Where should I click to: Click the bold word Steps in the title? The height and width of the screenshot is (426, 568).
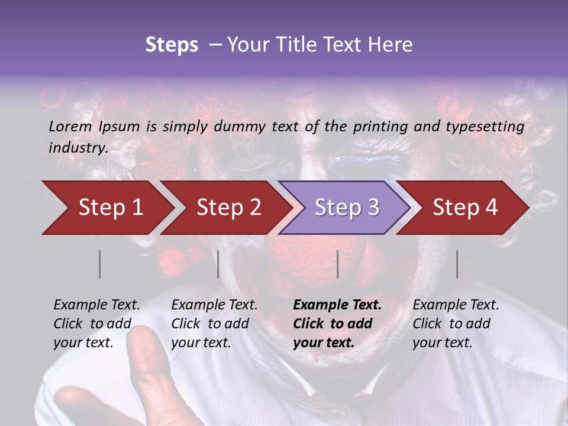tap(172, 45)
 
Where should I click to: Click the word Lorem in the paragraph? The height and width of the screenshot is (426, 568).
tap(70, 126)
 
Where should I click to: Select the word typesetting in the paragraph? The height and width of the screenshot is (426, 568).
tap(489, 127)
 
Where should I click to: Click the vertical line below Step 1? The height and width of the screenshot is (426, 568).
tap(100, 264)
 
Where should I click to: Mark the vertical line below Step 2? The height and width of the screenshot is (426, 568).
tap(218, 264)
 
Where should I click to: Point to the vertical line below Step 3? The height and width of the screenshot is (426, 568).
tap(337, 264)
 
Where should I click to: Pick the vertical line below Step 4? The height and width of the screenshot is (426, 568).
tap(457, 264)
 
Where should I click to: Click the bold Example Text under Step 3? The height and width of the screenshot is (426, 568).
tap(337, 305)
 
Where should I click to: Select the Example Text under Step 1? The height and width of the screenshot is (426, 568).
tap(96, 305)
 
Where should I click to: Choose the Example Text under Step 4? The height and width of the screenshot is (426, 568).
tap(456, 305)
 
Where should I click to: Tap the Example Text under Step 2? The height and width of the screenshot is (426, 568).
tap(214, 305)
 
